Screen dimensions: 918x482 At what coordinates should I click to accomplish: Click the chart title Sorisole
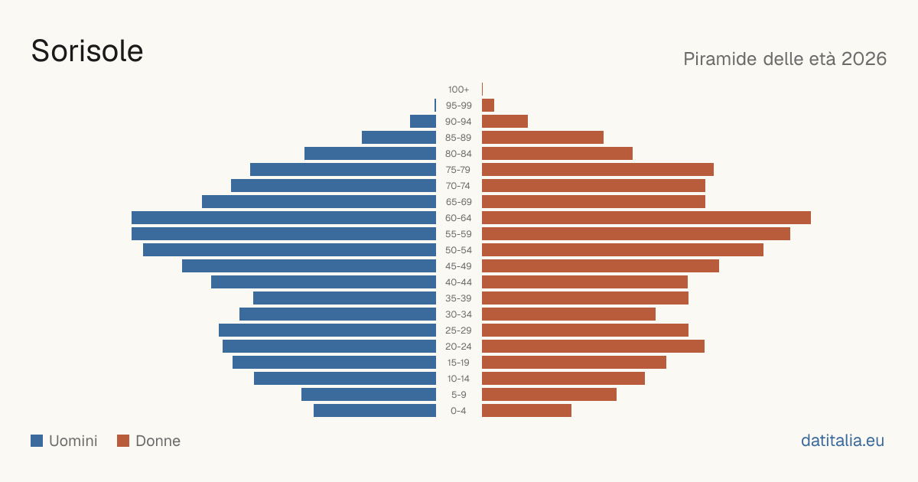pyautogui.click(x=87, y=51)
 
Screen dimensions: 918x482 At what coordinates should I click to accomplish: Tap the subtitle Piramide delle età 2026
pyautogui.click(x=785, y=59)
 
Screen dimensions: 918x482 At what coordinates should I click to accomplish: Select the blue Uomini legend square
pyautogui.click(x=37, y=441)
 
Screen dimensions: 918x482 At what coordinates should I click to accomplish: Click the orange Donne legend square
pyautogui.click(x=123, y=441)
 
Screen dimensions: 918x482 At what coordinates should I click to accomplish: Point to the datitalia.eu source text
pyautogui.click(x=842, y=441)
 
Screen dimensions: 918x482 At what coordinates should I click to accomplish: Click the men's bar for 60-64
pyautogui.click(x=284, y=217)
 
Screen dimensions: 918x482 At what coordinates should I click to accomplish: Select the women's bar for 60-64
pyautogui.click(x=646, y=217)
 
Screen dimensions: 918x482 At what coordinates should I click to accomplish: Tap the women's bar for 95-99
pyautogui.click(x=488, y=106)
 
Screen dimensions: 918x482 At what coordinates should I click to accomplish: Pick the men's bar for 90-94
pyautogui.click(x=423, y=122)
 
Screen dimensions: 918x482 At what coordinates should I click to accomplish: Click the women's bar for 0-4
pyautogui.click(x=526, y=411)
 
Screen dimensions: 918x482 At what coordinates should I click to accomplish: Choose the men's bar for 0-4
pyautogui.click(x=375, y=411)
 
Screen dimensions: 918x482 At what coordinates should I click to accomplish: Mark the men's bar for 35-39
pyautogui.click(x=345, y=298)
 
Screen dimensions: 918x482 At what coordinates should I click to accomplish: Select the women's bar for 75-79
pyautogui.click(x=598, y=170)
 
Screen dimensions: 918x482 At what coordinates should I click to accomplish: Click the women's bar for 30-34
pyautogui.click(x=569, y=314)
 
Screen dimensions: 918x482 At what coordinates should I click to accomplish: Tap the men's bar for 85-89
pyautogui.click(x=399, y=137)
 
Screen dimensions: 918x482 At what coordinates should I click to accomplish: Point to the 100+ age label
pyautogui.click(x=458, y=90)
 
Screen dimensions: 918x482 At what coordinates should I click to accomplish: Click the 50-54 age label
pyautogui.click(x=458, y=250)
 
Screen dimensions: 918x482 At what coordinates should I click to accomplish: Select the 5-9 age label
pyautogui.click(x=458, y=395)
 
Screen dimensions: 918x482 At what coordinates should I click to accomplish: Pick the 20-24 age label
pyautogui.click(x=458, y=347)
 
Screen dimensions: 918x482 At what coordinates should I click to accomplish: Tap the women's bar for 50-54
pyautogui.click(x=623, y=250)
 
